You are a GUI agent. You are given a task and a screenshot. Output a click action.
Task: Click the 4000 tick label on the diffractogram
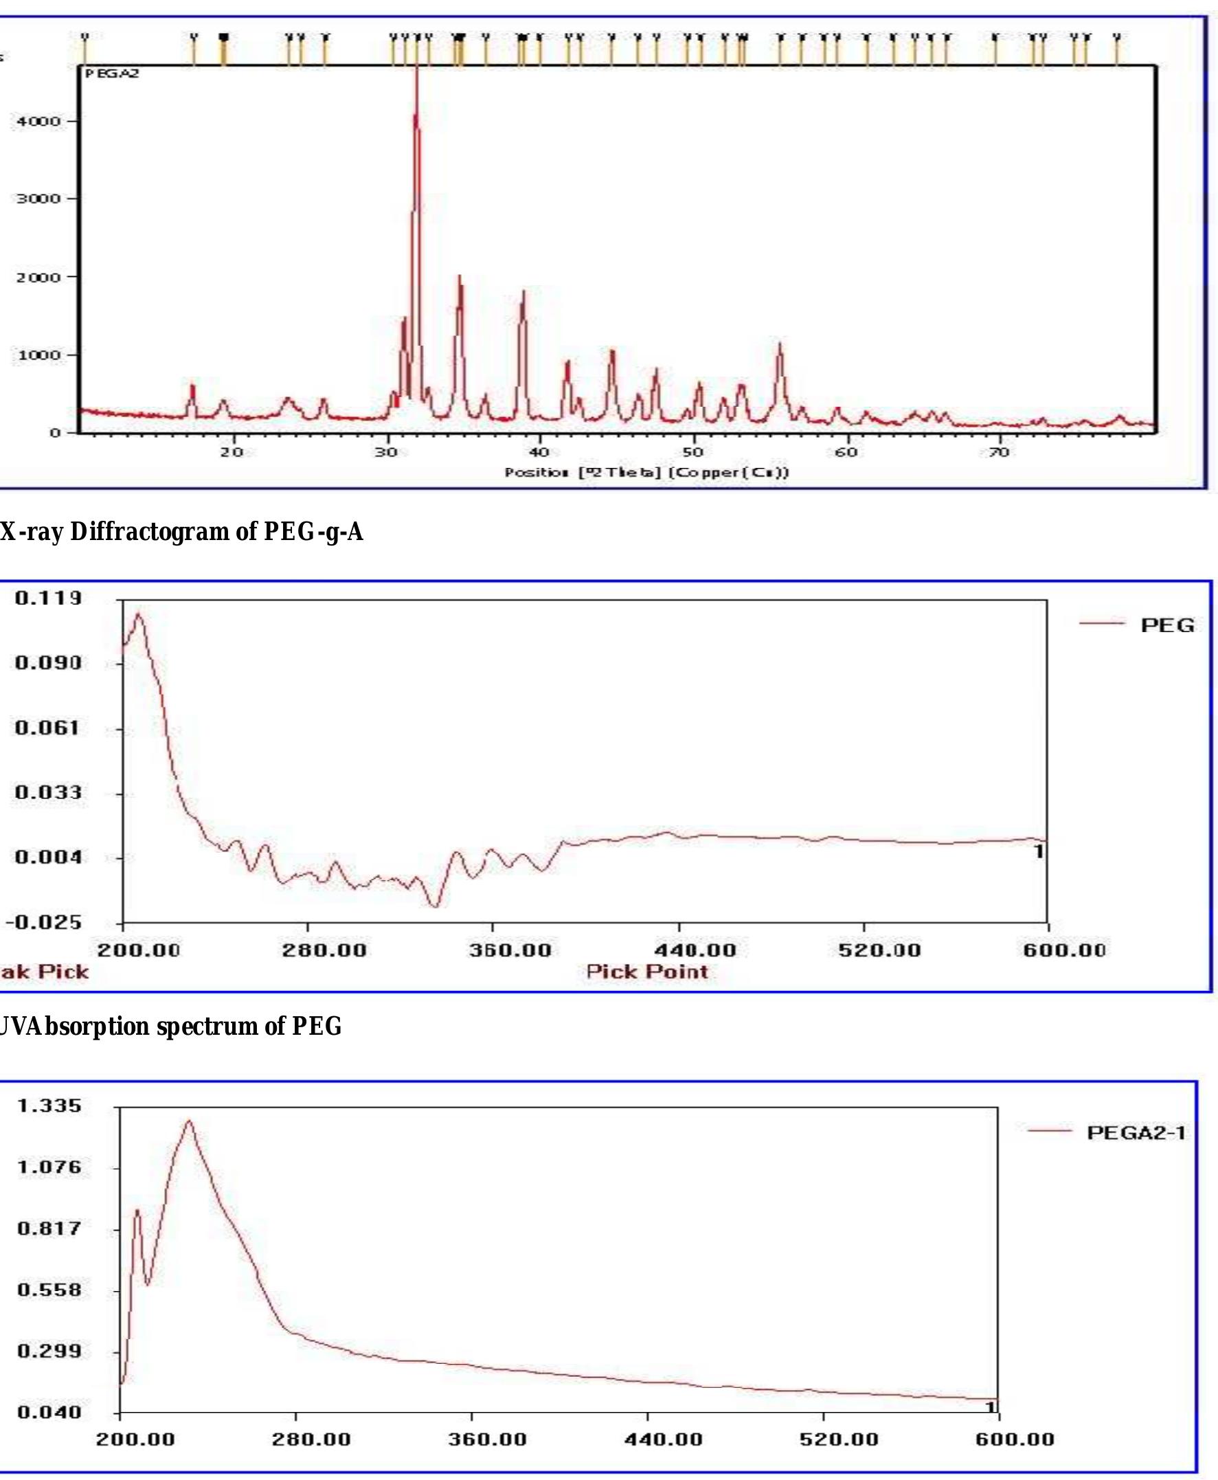pyautogui.click(x=35, y=121)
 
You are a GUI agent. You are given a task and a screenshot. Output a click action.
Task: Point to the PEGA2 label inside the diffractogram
pyautogui.click(x=112, y=74)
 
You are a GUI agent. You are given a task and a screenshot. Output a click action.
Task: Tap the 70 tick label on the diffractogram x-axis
pyautogui.click(x=998, y=452)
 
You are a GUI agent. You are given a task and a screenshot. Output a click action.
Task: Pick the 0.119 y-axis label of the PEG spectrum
pyautogui.click(x=48, y=598)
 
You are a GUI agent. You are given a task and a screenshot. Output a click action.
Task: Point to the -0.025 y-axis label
pyautogui.click(x=44, y=921)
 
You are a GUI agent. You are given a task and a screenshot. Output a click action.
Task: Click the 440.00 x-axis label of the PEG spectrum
pyautogui.click(x=695, y=950)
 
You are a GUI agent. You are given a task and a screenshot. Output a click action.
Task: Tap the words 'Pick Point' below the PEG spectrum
pyautogui.click(x=647, y=972)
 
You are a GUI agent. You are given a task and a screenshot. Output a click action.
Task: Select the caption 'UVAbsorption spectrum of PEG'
pyautogui.click(x=170, y=1027)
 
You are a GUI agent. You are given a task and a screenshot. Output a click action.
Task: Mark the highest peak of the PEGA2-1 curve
pyautogui.click(x=189, y=1121)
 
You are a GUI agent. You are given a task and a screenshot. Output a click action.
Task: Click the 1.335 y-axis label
pyautogui.click(x=49, y=1106)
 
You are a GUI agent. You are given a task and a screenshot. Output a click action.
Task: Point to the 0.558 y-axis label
pyautogui.click(x=49, y=1290)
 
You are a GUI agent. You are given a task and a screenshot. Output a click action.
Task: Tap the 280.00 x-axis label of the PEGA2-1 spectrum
pyautogui.click(x=311, y=1439)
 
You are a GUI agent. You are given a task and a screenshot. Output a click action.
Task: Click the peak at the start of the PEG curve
pyautogui.click(x=138, y=615)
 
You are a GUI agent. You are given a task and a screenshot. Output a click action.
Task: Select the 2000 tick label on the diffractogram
pyautogui.click(x=35, y=276)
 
